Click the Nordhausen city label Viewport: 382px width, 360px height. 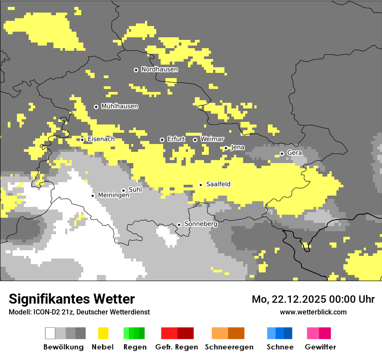click(x=159, y=69)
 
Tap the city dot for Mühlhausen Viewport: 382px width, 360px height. click(x=96, y=107)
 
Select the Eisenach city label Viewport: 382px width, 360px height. click(x=101, y=139)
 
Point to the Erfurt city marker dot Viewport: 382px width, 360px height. click(x=162, y=140)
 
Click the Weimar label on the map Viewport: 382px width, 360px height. click(x=212, y=139)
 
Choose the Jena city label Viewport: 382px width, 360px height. click(x=238, y=147)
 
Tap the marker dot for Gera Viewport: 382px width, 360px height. click(x=282, y=154)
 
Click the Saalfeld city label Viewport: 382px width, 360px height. click(x=218, y=184)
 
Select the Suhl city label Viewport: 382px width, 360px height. click(x=135, y=190)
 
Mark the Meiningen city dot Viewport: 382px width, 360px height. click(x=92, y=196)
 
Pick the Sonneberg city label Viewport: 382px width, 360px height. click(x=201, y=224)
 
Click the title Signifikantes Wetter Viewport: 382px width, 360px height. click(x=72, y=299)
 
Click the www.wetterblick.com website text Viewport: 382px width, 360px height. click(x=313, y=312)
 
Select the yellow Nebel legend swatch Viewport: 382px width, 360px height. click(x=103, y=333)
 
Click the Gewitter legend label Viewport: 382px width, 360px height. click(x=320, y=347)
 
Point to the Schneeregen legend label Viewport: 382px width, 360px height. click(x=229, y=347)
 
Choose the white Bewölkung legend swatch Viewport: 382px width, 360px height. click(x=50, y=333)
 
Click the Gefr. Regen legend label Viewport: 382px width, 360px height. click(x=177, y=347)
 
